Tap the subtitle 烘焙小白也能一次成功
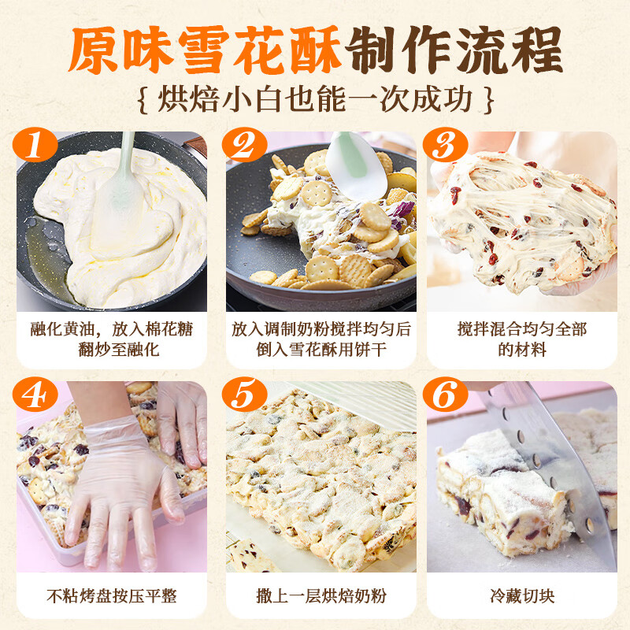(x=315, y=100)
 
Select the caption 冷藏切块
(x=521, y=595)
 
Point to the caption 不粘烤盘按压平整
(x=111, y=595)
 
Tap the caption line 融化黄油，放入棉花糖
(x=111, y=328)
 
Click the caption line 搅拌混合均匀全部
(x=521, y=328)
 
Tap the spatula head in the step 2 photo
(x=355, y=165)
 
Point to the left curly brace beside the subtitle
(x=142, y=101)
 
